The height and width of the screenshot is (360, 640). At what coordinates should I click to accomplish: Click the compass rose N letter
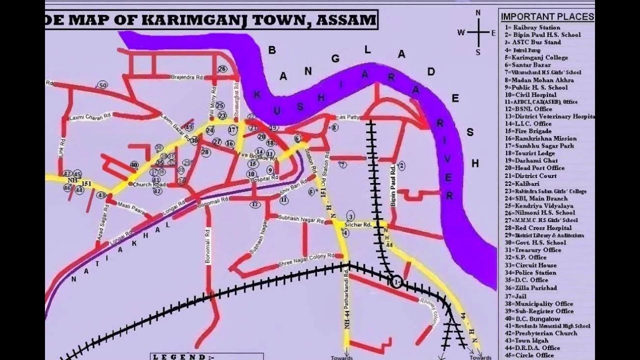tap(477, 13)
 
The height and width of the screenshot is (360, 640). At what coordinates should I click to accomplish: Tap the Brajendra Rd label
tap(187, 77)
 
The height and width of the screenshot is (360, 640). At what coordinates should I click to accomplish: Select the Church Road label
tap(149, 184)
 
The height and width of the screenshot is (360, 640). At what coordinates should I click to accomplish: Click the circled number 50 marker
tap(102, 85)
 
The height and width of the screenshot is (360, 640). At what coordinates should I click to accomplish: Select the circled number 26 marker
tap(222, 69)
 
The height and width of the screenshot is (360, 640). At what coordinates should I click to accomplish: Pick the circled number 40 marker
tap(133, 164)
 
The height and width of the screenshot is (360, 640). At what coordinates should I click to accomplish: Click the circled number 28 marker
tap(205, 152)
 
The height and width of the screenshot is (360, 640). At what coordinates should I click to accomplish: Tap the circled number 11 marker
tap(284, 200)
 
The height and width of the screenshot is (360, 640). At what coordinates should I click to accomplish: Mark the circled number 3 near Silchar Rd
tap(350, 216)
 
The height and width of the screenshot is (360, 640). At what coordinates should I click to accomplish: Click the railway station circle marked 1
tap(396, 282)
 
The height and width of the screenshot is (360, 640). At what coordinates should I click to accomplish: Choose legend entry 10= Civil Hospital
tap(530, 94)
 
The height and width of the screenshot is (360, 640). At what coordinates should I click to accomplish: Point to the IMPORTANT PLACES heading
tap(547, 17)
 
